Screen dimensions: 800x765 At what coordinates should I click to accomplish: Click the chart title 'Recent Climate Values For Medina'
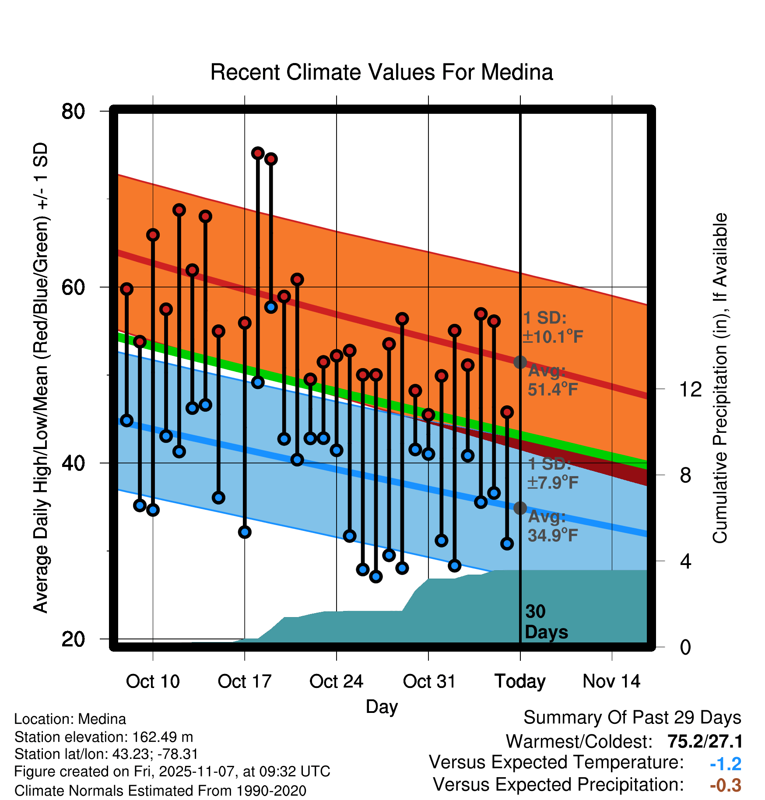(382, 72)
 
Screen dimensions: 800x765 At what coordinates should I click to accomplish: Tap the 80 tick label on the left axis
(74, 112)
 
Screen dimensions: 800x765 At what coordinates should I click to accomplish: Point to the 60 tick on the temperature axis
(74, 288)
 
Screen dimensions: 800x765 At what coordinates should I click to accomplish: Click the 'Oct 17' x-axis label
(245, 681)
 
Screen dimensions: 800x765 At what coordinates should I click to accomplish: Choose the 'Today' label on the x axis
(520, 681)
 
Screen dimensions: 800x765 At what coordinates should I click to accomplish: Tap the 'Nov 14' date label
(611, 681)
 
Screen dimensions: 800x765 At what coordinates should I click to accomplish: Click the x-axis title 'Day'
(382, 707)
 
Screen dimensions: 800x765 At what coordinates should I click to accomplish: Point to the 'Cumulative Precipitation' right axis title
(720, 379)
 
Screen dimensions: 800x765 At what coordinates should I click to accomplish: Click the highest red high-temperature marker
(258, 153)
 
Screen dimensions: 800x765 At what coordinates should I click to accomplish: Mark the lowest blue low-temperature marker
(376, 577)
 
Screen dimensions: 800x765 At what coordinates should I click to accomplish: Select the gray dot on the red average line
(520, 362)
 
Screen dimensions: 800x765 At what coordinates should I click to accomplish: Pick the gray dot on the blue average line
(520, 508)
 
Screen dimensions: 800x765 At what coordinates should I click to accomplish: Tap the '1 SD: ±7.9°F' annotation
(552, 473)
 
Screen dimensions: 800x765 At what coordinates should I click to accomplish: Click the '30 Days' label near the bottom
(546, 622)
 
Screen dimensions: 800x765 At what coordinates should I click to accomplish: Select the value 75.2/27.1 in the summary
(705, 741)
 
